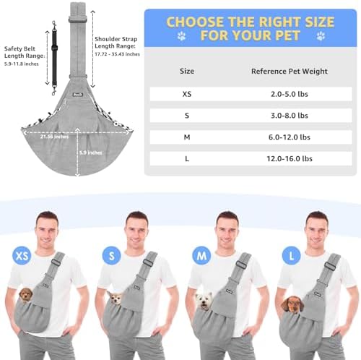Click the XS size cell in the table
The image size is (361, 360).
click(187, 94)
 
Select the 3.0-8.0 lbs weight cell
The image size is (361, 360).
click(290, 116)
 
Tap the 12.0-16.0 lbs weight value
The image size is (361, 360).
click(290, 158)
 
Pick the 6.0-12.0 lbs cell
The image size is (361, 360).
click(290, 137)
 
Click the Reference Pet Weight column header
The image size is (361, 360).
click(290, 71)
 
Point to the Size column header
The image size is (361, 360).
click(187, 71)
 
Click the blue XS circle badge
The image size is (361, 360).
click(22, 255)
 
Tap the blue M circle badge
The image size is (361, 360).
click(201, 255)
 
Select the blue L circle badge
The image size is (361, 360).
click(291, 255)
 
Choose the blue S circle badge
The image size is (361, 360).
click(112, 255)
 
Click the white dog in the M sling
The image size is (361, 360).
click(204, 301)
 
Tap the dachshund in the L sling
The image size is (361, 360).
click(292, 304)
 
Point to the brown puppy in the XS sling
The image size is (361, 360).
click(26, 294)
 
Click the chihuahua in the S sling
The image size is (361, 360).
click(116, 298)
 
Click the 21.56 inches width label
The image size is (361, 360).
click(54, 137)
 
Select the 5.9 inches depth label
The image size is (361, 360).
click(91, 153)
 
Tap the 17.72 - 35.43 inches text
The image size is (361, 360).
click(117, 54)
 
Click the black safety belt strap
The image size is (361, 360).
click(54, 58)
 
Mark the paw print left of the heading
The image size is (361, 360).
click(182, 36)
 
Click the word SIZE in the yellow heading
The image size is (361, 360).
click(320, 22)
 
